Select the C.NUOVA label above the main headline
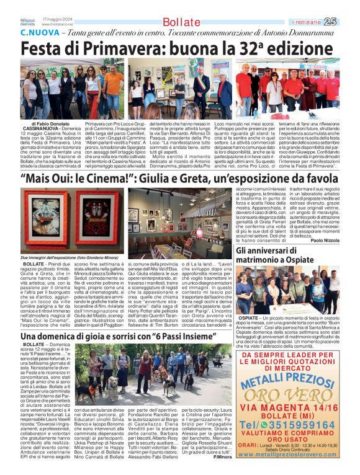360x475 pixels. (x=43, y=32)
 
